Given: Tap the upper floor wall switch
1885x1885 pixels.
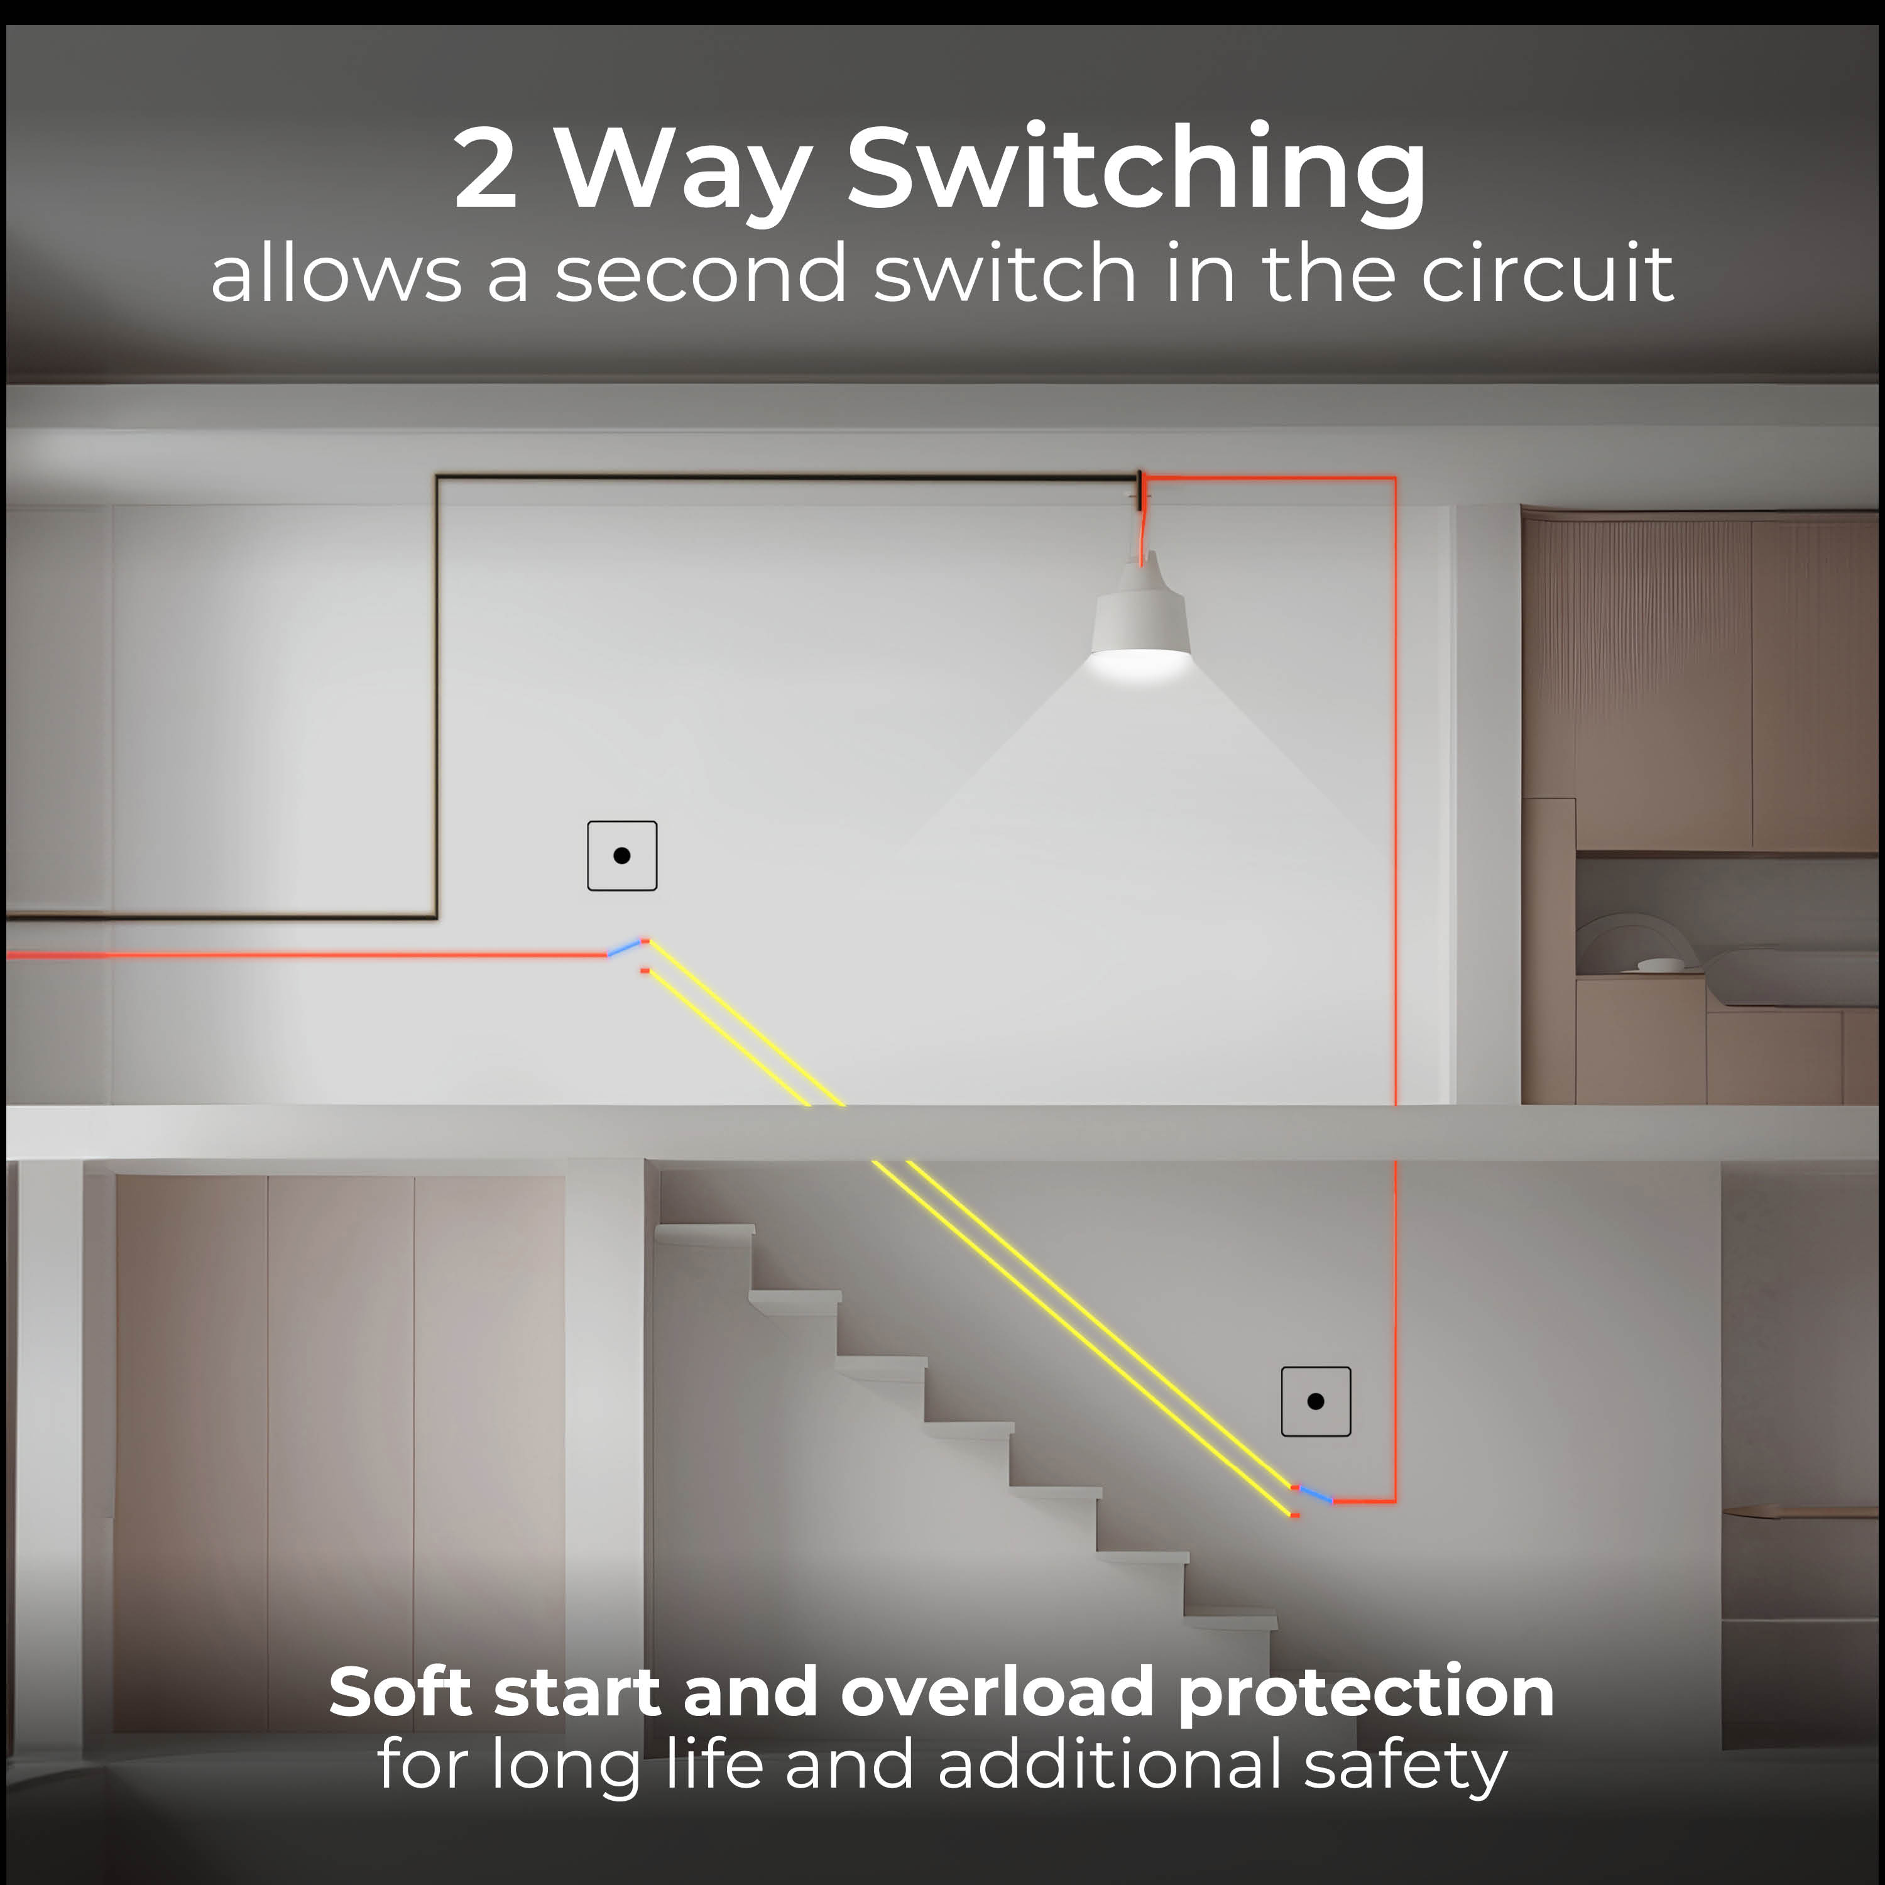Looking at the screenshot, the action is pyautogui.click(x=621, y=856).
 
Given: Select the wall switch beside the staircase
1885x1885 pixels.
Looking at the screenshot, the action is pyautogui.click(x=1315, y=1401).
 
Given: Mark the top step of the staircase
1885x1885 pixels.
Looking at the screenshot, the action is pyautogui.click(x=704, y=1233).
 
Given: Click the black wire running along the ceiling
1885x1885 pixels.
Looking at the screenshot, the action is pyautogui.click(x=787, y=477).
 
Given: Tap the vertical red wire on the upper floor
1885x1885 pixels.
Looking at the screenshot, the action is pyautogui.click(x=1395, y=790).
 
